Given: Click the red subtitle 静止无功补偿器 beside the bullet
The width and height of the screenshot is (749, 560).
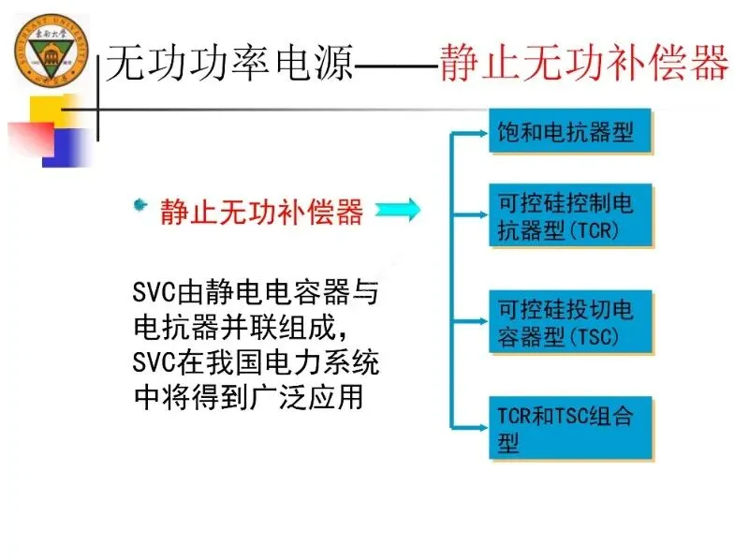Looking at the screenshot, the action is coord(262,212).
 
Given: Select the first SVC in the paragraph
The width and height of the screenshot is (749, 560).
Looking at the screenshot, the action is coord(155,294).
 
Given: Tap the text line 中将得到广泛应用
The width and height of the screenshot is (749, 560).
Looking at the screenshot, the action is coord(247,397).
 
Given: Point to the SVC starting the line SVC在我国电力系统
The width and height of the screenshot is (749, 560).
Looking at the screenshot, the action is coord(155,362).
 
